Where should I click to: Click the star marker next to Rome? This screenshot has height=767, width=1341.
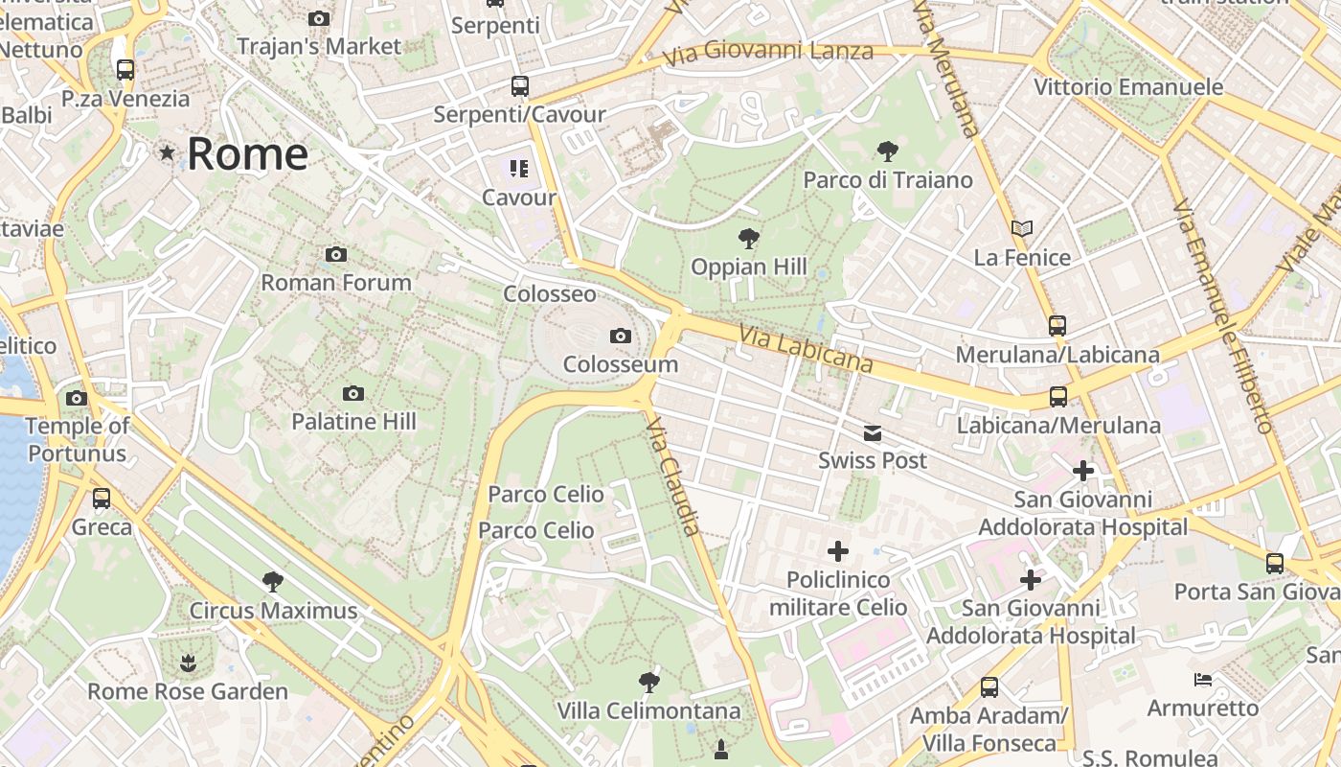168,152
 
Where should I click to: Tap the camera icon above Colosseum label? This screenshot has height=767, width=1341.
621,336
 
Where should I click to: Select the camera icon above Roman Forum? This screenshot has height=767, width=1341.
335,254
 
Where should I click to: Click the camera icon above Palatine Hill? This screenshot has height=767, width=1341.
353,393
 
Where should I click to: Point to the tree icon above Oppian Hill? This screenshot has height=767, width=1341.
748,238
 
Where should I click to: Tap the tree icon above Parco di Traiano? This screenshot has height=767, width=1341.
887,151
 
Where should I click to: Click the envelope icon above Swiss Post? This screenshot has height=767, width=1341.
873,433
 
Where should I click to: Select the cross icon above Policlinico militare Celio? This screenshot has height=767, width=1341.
838,551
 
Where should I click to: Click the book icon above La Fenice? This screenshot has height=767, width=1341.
1022,229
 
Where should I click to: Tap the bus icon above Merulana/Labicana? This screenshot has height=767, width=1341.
1057,326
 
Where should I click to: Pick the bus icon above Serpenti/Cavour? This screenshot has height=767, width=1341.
519,86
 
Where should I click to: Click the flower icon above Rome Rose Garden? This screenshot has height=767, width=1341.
188,663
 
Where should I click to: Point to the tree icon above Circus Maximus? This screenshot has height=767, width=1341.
273,581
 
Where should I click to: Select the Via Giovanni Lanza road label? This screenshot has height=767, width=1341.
768,51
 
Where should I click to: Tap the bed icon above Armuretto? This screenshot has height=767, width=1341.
1203,680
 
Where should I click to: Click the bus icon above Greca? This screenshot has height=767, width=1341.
102,499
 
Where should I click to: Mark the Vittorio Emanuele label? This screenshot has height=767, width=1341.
1128,87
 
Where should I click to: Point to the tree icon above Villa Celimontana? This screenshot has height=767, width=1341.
649,683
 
